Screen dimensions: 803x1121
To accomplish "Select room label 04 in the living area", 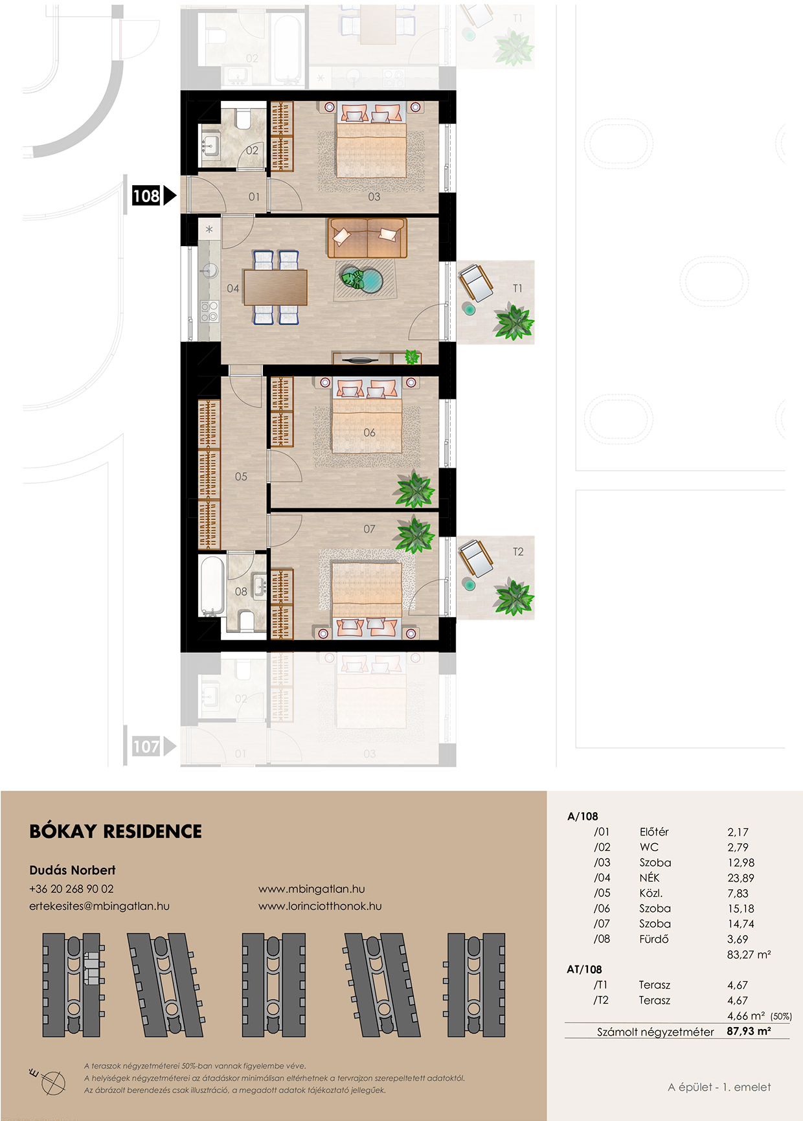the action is click(x=233, y=288).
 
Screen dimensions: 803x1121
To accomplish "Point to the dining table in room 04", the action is click(x=276, y=287).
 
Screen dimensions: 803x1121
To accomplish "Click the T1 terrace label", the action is click(x=517, y=288).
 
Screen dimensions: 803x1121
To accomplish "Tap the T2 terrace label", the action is click(x=518, y=552).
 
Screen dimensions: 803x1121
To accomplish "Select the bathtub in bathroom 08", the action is click(x=212, y=586).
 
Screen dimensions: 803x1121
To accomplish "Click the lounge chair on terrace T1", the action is click(x=476, y=282).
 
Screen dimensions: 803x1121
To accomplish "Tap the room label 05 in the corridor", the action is click(x=241, y=477).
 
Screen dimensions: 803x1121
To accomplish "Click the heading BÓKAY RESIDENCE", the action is click(x=116, y=832).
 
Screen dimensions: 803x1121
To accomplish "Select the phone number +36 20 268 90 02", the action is click(x=71, y=889).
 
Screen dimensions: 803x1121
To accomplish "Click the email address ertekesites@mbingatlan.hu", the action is click(x=99, y=906).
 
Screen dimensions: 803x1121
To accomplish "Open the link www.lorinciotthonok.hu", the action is click(x=320, y=906).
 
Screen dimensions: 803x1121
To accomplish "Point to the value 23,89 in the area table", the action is click(x=741, y=878).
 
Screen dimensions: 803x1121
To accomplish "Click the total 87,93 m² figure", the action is click(x=749, y=1031).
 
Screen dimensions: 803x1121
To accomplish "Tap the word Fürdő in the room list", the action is click(x=654, y=939).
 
